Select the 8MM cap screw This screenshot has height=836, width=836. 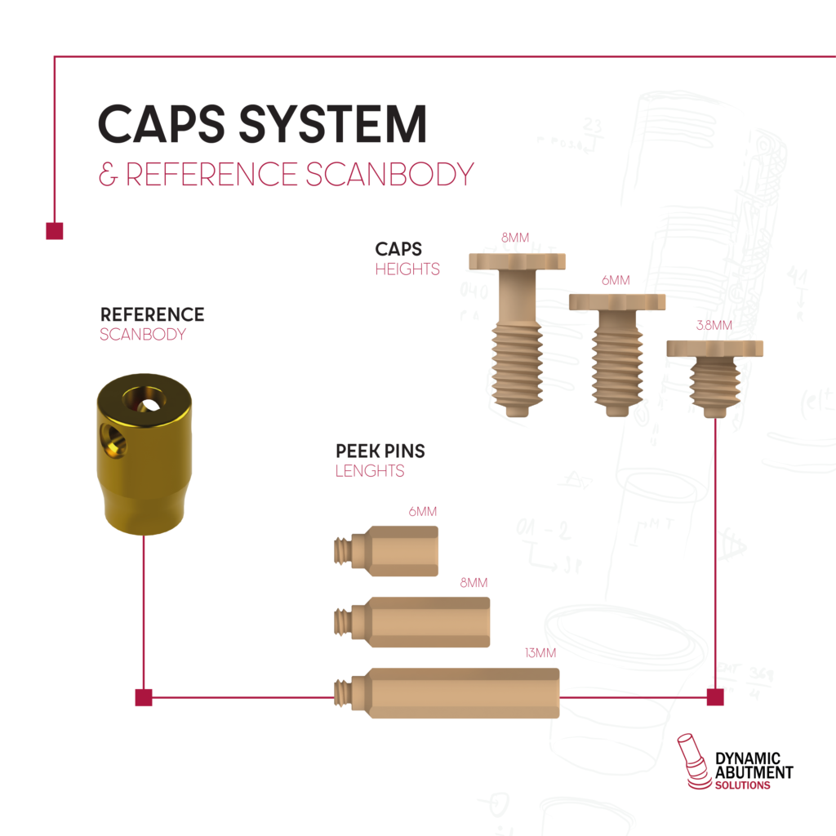(518, 335)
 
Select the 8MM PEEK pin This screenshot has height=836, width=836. (416, 622)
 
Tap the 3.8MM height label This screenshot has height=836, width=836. (715, 326)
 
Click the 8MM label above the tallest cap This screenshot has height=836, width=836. (515, 238)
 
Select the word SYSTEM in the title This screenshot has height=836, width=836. (333, 125)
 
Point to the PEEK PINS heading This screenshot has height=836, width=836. (380, 451)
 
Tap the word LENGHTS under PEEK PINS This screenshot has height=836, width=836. (369, 471)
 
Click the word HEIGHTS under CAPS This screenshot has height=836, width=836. (407, 269)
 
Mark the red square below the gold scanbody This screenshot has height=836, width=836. (144, 697)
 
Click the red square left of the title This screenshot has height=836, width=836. (54, 231)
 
